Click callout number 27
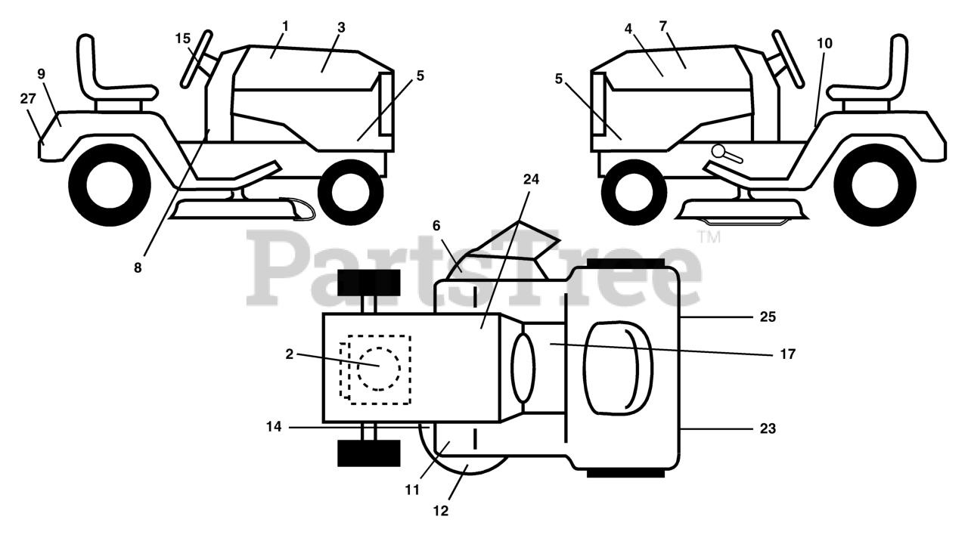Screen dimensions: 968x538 tap(28, 99)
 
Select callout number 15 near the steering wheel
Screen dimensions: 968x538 tap(183, 37)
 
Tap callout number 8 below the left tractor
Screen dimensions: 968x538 tap(138, 267)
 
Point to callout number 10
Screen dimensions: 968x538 tap(824, 43)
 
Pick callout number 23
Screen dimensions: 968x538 tap(767, 428)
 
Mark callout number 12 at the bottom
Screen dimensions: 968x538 tap(441, 511)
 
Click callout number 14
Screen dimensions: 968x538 tap(274, 427)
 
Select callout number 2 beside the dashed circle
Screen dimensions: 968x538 tap(289, 354)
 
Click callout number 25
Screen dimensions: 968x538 tap(767, 317)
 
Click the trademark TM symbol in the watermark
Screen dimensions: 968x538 tap(709, 237)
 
